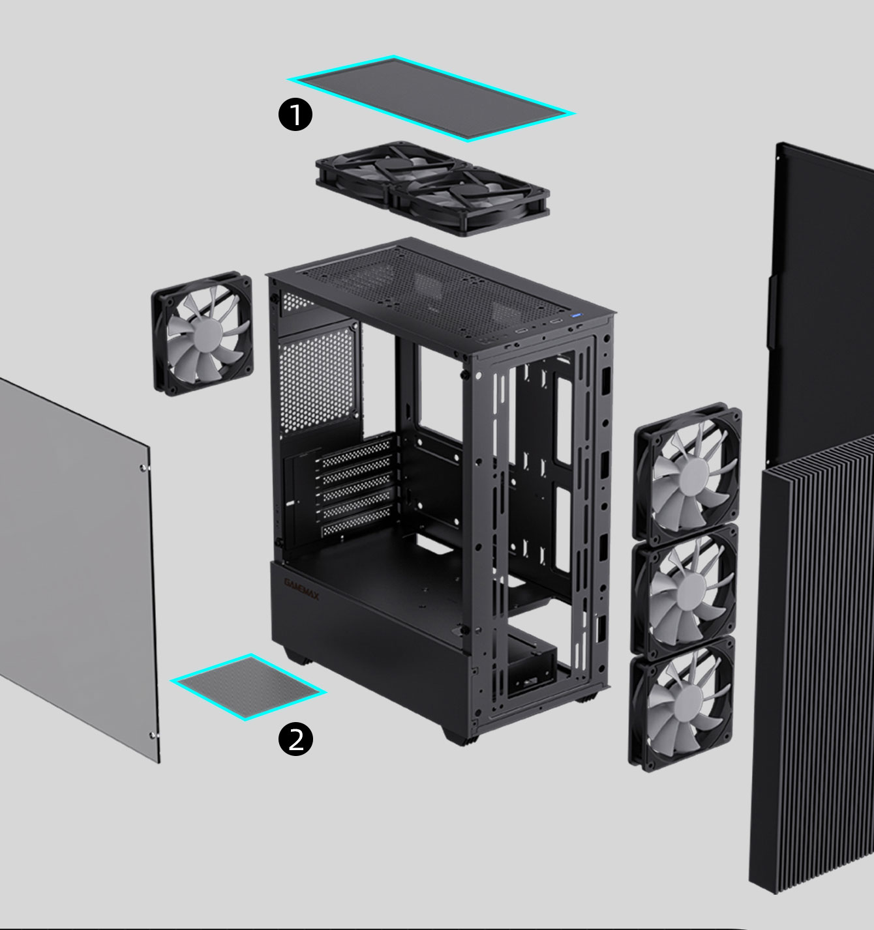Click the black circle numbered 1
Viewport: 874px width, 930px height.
click(x=295, y=115)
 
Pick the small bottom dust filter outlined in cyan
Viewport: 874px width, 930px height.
click(x=248, y=686)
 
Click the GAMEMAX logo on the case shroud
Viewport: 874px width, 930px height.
click(x=302, y=589)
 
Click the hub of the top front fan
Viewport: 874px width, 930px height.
click(x=690, y=473)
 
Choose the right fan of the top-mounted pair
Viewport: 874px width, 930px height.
click(x=468, y=199)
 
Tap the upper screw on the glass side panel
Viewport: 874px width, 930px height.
click(x=143, y=467)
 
